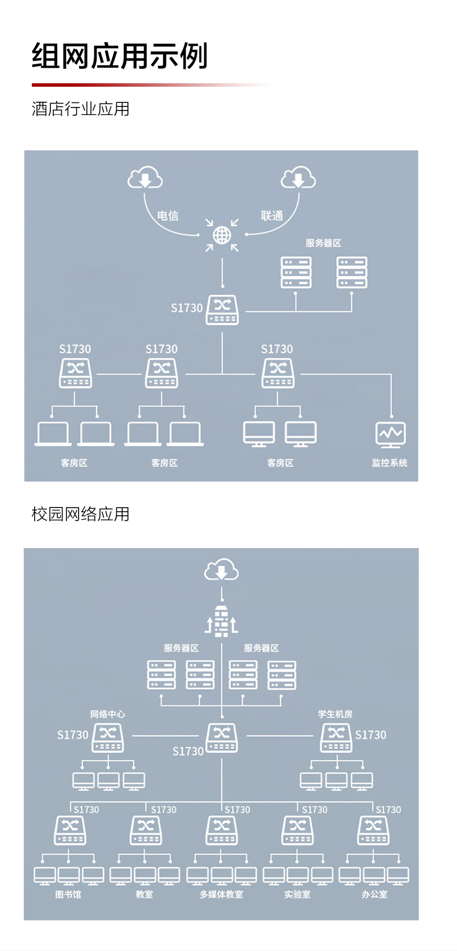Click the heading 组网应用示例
tap(120, 56)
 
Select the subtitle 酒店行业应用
tap(80, 109)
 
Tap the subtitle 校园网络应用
tap(80, 514)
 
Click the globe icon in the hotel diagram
tap(222, 235)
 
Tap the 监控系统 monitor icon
tap(390, 434)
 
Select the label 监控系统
tap(389, 462)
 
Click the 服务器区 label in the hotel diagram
tap(323, 243)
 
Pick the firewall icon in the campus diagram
tap(222, 621)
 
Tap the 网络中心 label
tap(107, 714)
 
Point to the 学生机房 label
tap(335, 714)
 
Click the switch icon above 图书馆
tap(70, 830)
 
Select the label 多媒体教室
tap(222, 894)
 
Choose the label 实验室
tap(297, 894)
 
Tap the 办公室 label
tap(374, 894)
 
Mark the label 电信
tap(168, 216)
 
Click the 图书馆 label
tap(68, 894)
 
